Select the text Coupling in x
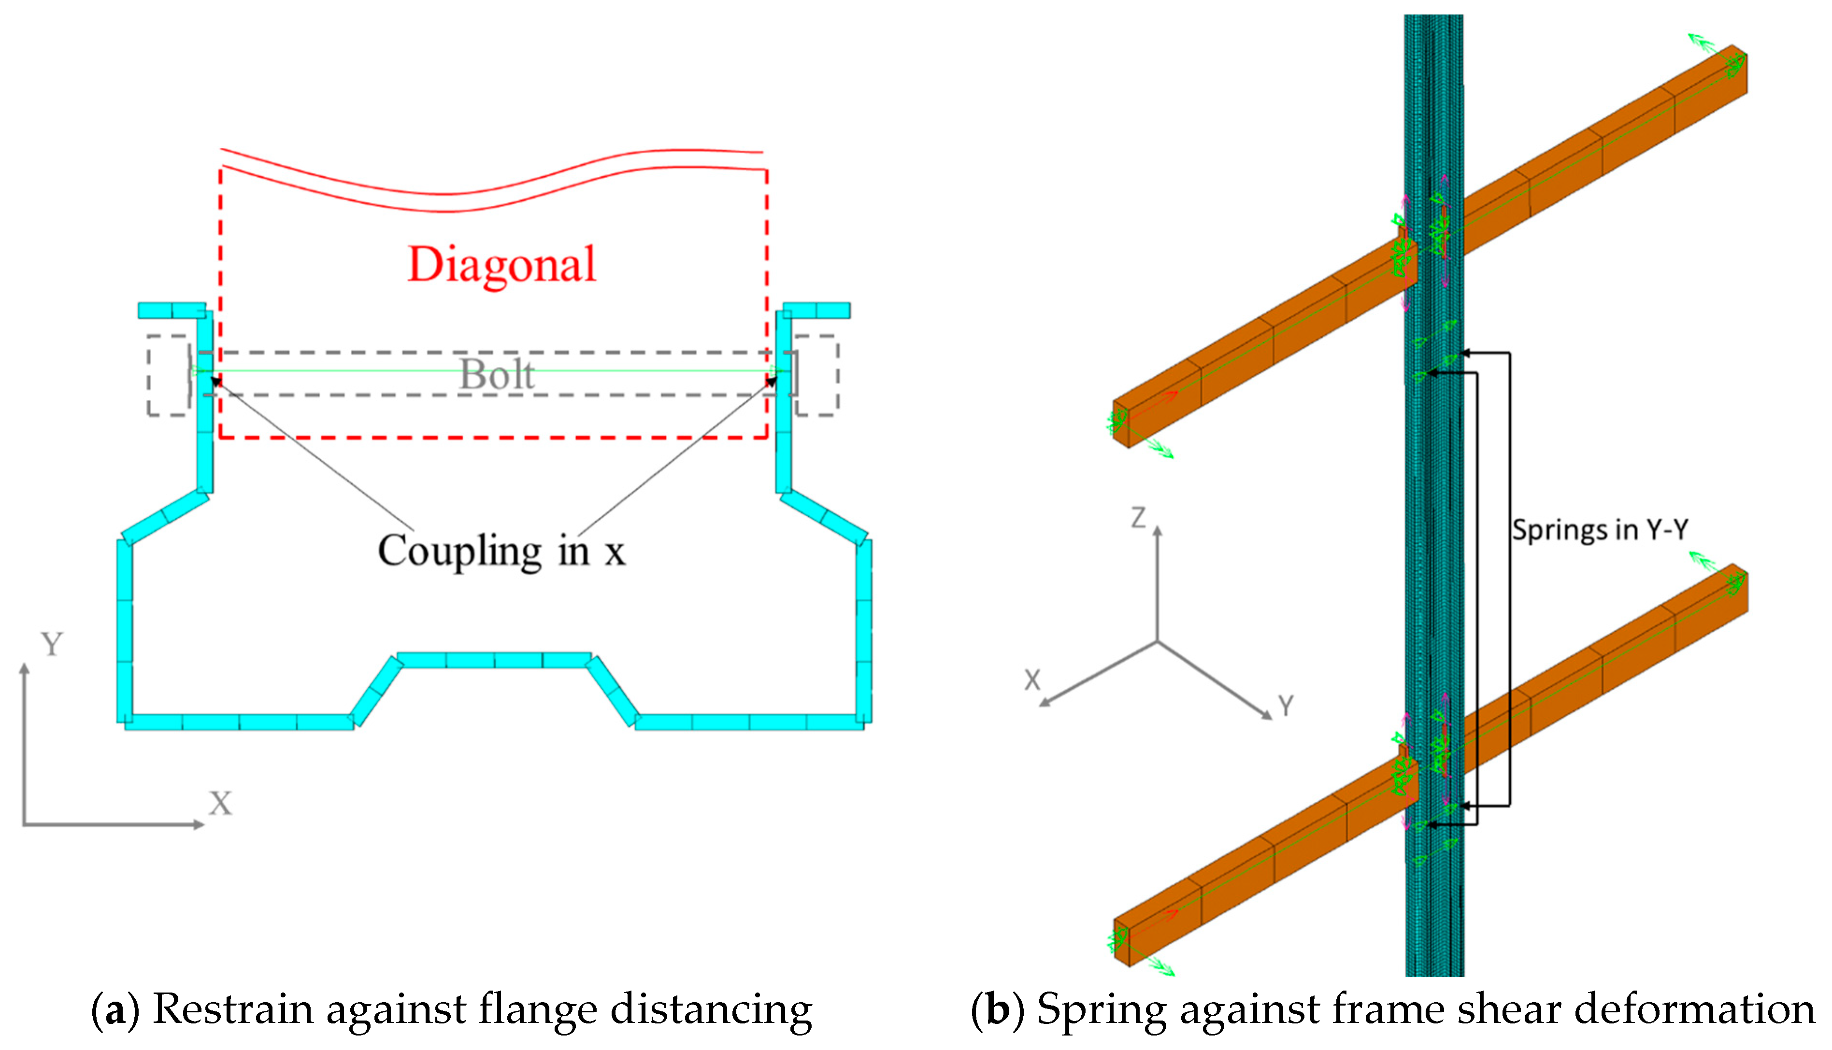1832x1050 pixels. point(501,551)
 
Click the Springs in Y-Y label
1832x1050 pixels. point(1600,530)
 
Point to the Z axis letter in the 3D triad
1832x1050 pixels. point(1138,517)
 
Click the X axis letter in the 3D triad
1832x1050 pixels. point(1032,680)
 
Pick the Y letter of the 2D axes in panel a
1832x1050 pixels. point(52,644)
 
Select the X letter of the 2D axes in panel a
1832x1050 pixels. point(220,803)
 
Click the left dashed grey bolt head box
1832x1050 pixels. point(168,375)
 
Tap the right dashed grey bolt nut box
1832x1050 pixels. point(816,375)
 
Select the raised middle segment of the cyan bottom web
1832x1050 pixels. point(494,660)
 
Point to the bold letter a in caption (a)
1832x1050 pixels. point(114,1009)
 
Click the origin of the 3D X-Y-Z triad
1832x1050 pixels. point(1158,641)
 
